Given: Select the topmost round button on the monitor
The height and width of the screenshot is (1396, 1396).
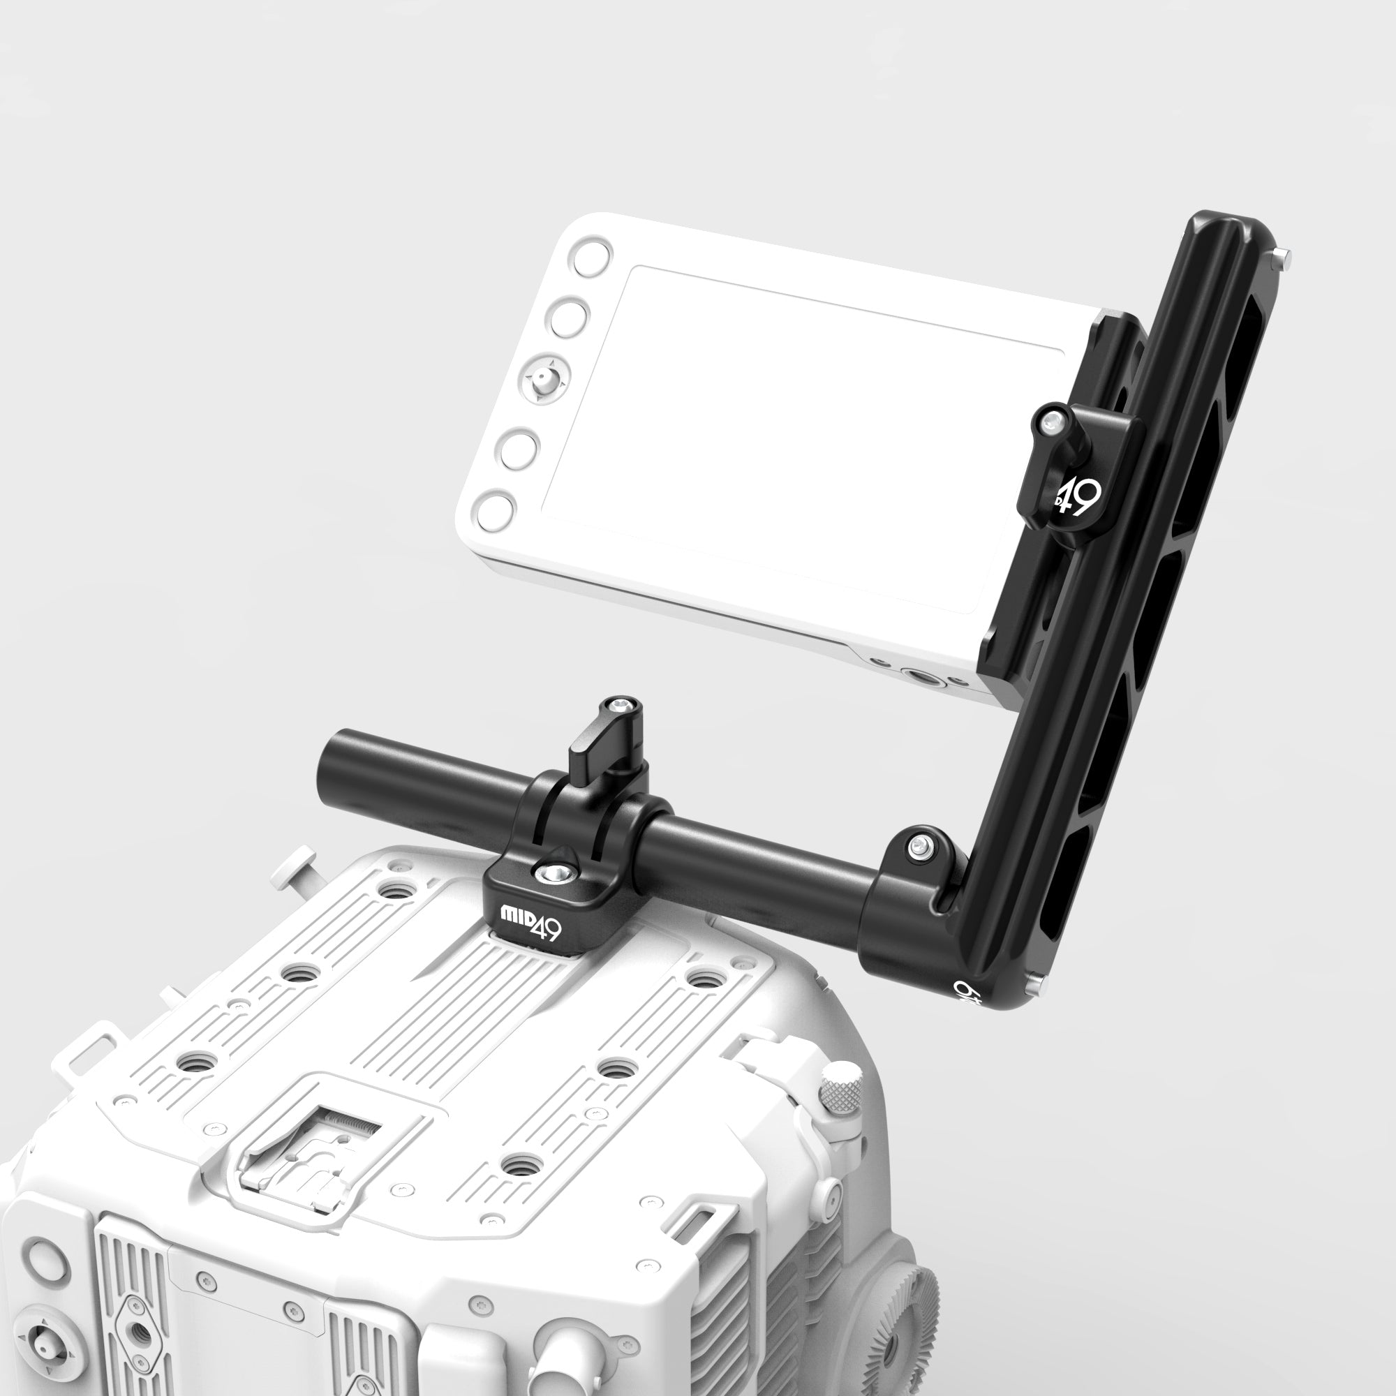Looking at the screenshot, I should pyautogui.click(x=592, y=256).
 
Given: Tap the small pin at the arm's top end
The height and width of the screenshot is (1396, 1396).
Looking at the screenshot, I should pyautogui.click(x=1279, y=253).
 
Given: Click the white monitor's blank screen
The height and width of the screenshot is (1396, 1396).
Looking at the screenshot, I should pyautogui.click(x=795, y=433).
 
